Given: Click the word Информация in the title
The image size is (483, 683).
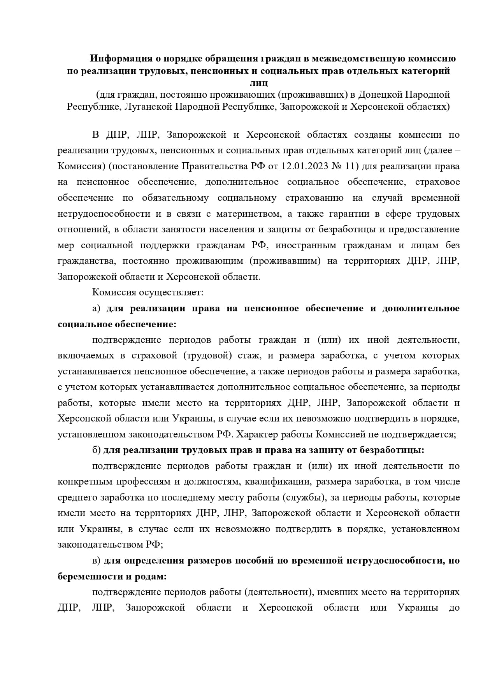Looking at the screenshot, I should click(120, 59).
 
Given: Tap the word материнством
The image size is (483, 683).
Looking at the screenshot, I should click(249, 214).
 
